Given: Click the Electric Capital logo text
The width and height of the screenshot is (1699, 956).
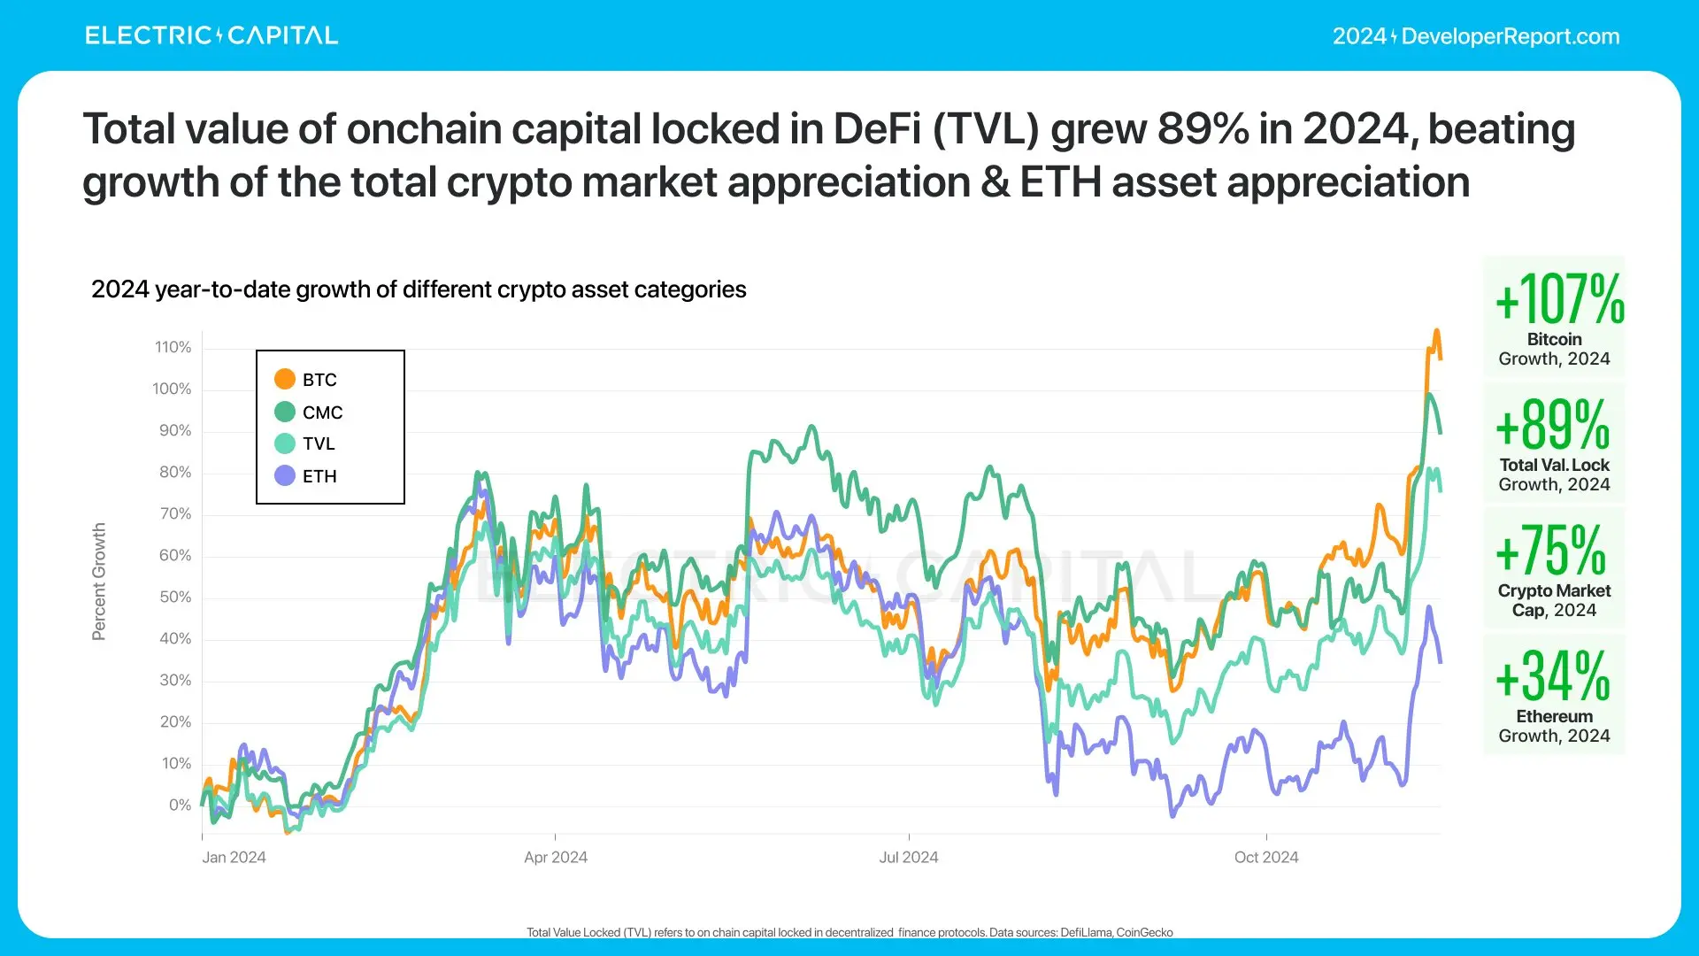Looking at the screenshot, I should click(211, 35).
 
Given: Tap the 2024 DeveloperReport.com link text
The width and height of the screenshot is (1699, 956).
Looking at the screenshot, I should click(1476, 36).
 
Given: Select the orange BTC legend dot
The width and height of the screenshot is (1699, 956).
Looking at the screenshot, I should click(284, 379).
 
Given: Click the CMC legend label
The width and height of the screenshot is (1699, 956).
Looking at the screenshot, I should click(322, 412).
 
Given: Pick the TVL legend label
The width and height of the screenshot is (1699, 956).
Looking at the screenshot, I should click(319, 443).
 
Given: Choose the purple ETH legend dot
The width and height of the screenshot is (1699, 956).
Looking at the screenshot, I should click(284, 475).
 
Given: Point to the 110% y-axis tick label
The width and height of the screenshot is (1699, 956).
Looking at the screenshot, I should click(173, 347).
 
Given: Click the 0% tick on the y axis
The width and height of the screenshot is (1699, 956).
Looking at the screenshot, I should click(180, 805).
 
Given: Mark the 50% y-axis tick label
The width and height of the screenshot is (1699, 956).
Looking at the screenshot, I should click(174, 597).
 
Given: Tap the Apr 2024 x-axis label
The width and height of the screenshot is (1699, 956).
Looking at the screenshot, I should click(555, 857).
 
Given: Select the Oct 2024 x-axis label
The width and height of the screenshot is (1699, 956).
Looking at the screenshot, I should click(1266, 857).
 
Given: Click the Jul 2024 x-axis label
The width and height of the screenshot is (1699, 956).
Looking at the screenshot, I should click(908, 857).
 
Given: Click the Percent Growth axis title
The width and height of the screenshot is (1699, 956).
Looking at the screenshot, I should click(99, 581).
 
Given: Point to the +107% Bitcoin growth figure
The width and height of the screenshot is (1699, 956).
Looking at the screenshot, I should click(1559, 299).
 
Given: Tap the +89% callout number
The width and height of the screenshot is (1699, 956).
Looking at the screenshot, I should click(1553, 425).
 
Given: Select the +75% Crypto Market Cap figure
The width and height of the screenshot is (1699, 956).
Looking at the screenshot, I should click(1551, 551).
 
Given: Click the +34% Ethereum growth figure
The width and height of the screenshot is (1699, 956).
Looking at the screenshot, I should click(1553, 676).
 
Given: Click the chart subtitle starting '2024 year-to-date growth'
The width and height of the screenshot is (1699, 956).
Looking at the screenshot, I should click(419, 289).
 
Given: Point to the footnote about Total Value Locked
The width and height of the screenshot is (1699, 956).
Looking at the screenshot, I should click(849, 932).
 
